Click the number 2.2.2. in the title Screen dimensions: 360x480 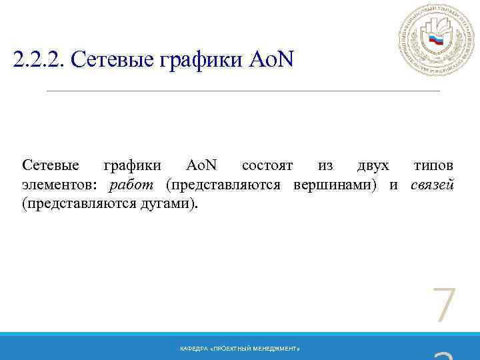pyautogui.click(x=38, y=62)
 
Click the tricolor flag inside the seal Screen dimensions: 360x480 pyautogui.click(x=436, y=40)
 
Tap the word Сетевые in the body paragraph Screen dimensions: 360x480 pyautogui.click(x=50, y=165)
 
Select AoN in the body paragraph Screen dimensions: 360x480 pyautogui.click(x=201, y=165)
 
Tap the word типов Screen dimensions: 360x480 pyautogui.click(x=433, y=165)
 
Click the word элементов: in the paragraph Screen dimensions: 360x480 pyautogui.click(x=61, y=184)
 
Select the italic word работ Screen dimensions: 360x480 pyautogui.click(x=131, y=184)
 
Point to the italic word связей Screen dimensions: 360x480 pyautogui.click(x=433, y=184)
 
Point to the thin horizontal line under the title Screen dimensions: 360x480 pyautogui.click(x=243, y=90)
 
